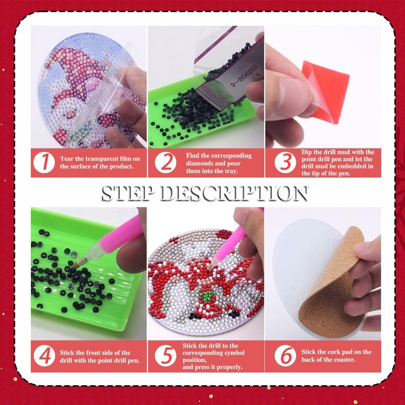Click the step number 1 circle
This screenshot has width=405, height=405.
[44, 163]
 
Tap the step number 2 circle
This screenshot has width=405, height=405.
[166, 163]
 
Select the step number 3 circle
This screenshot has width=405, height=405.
[285, 163]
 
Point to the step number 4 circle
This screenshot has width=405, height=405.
[45, 356]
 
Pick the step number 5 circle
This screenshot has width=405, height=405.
[166, 356]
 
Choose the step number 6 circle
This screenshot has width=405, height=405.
[285, 356]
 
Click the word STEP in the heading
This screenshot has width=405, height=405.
[127, 193]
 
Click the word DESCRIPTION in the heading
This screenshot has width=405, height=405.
[234, 193]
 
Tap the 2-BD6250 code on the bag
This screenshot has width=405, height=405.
[245, 75]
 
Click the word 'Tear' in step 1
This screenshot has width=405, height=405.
[67, 158]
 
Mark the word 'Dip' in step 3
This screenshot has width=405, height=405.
[307, 152]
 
